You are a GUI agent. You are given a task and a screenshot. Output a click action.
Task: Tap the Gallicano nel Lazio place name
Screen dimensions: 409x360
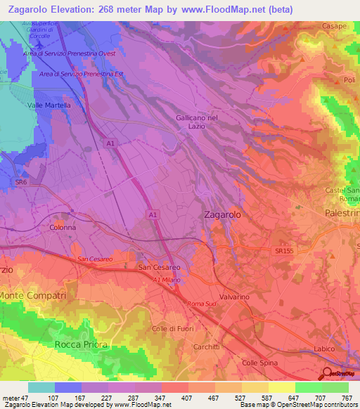tap(198, 123)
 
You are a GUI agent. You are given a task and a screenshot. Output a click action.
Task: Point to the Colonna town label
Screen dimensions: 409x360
tap(62, 228)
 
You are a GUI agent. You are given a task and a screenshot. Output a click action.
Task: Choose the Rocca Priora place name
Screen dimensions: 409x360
tap(81, 344)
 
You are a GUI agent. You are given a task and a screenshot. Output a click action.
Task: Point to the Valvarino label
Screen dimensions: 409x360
tap(234, 297)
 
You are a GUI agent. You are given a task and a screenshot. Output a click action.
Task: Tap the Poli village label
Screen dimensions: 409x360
tap(349, 80)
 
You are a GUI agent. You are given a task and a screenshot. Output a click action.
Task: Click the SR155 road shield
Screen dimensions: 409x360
tap(284, 250)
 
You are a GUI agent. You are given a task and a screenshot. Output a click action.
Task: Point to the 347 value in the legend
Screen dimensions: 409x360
tap(148, 398)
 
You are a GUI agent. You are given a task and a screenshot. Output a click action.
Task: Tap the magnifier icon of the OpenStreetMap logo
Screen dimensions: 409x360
tap(328, 373)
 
